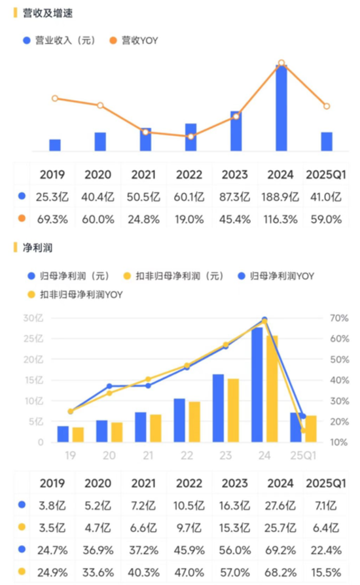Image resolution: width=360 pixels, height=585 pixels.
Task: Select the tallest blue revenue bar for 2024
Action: point(281,108)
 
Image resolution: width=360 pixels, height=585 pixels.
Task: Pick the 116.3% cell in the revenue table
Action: point(281,219)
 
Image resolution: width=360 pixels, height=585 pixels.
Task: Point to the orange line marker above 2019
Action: point(55,98)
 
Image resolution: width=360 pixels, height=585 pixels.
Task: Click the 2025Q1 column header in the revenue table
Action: point(326,174)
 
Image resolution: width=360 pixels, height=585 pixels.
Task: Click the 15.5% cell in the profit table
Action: point(326,571)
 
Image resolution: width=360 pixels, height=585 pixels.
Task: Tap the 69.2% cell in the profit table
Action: point(281,549)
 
